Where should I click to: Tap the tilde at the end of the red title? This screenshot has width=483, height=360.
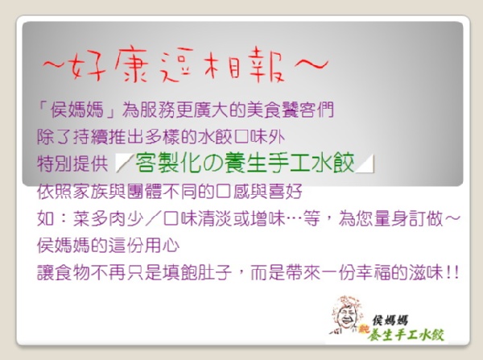point(311,64)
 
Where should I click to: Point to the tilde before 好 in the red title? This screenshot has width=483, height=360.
point(55,64)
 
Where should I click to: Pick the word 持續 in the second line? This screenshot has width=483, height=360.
point(90,137)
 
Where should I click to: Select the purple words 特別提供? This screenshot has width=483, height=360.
point(72,163)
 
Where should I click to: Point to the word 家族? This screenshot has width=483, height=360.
point(90,192)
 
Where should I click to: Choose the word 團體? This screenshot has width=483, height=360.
point(144,192)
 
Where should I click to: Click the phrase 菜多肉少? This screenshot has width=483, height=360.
point(108,219)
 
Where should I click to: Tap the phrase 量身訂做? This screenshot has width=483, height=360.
point(408,219)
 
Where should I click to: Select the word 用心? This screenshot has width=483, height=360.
point(162,246)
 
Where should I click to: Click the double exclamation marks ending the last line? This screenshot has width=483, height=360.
point(452,273)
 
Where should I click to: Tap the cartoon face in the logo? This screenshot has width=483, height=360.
point(346,315)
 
